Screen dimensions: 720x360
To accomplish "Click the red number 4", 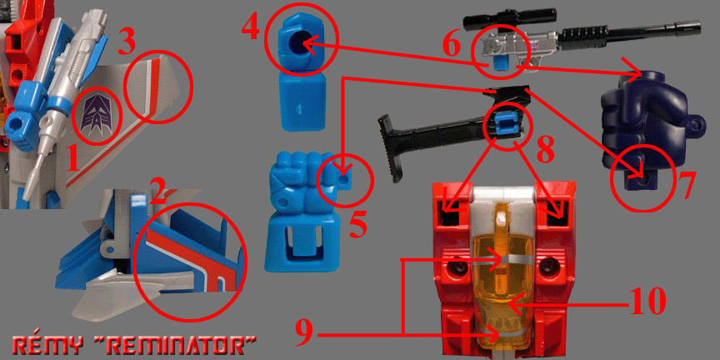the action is click(251, 29).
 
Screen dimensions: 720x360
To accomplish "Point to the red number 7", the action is click(682, 186).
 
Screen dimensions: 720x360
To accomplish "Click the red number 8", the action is click(545, 152).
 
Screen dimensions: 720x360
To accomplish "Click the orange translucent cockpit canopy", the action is click(504, 276).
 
